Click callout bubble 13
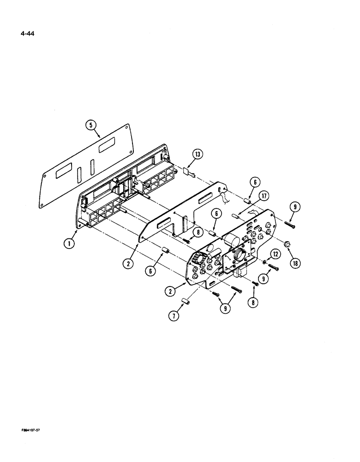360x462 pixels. point(198,155)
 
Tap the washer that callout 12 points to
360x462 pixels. point(264,262)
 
